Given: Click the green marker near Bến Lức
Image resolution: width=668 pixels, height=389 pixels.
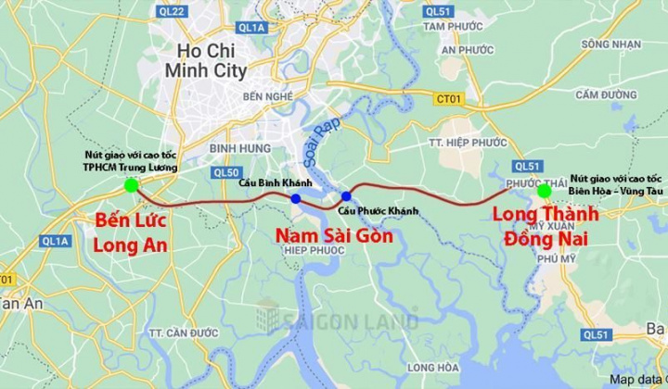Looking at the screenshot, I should [131, 185].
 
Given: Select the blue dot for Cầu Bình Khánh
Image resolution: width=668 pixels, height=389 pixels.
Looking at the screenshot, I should [295, 198].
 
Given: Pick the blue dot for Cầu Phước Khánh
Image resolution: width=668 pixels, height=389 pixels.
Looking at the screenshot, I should [346, 195].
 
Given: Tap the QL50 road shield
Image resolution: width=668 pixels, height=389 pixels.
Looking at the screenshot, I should [225, 171].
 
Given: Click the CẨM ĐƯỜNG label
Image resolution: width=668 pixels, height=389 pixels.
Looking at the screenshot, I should [600, 93].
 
